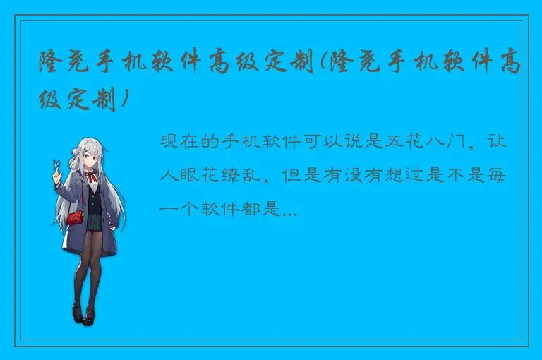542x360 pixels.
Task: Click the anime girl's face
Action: (x=90, y=157)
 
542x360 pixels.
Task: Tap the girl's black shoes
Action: (x=82, y=314)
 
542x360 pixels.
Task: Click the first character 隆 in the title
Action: (x=52, y=65)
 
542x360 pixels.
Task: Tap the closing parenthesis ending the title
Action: (x=125, y=101)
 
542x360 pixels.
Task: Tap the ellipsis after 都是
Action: (x=289, y=210)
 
